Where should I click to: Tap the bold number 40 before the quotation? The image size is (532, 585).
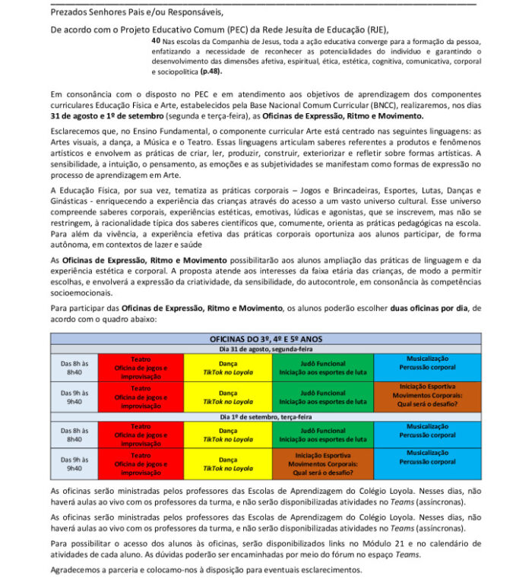tap(156, 40)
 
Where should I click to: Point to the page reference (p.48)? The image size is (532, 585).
tap(213, 70)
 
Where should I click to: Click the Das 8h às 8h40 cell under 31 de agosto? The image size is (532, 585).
tap(74, 367)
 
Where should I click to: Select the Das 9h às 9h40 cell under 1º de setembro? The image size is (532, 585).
tap(74, 463)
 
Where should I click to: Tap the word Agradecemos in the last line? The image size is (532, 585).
tap(81, 570)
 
